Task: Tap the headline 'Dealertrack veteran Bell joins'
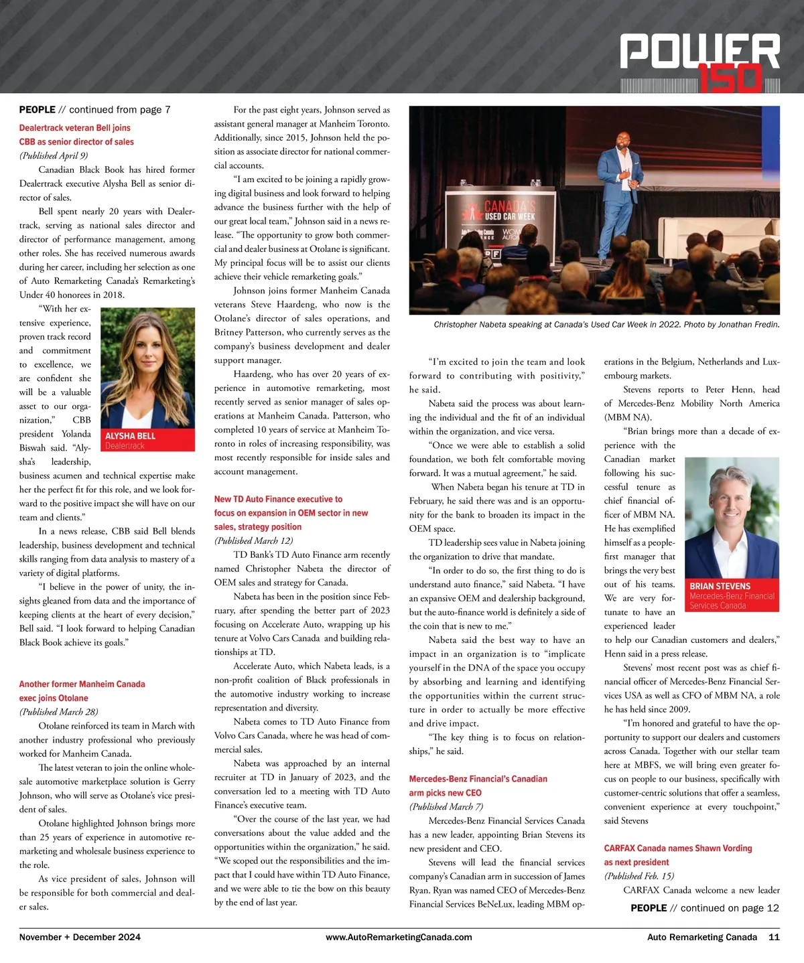pos(74,128)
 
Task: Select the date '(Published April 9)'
pos(54,155)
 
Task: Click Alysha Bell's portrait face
pos(146,355)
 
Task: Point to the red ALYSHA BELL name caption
pos(131,436)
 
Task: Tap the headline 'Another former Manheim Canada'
pos(82,684)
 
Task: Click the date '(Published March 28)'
pos(59,712)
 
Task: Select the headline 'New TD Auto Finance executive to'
pos(278,500)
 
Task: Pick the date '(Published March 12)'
pos(254,541)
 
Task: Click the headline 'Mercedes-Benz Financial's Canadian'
pos(478,780)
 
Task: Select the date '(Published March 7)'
pos(446,807)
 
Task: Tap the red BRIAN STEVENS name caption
pos(720,586)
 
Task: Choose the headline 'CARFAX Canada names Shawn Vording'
pos(678,848)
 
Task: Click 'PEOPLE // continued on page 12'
pos(705,908)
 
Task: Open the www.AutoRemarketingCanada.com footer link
pos(399,938)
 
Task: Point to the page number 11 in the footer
pos(774,938)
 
